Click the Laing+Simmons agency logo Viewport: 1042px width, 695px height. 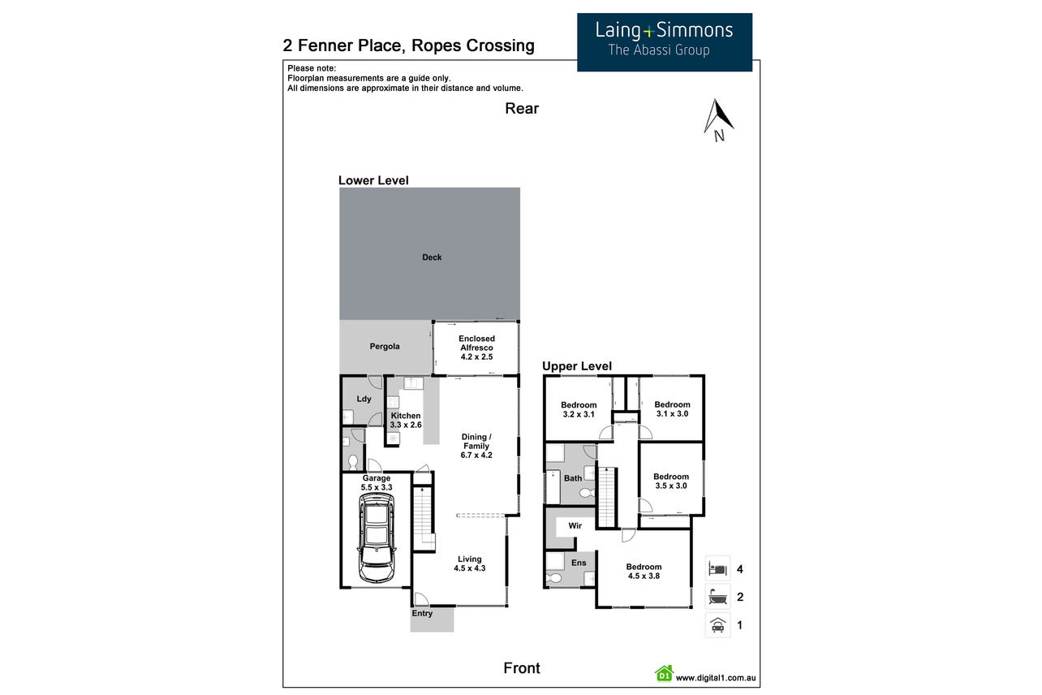(x=665, y=42)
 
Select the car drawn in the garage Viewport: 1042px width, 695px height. (x=377, y=537)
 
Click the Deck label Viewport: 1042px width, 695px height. (x=432, y=257)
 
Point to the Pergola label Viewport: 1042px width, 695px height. (x=385, y=347)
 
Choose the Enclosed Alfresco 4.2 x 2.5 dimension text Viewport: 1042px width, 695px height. (x=476, y=357)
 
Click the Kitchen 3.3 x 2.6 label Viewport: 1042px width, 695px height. (x=406, y=421)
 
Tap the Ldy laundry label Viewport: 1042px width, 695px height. (x=364, y=399)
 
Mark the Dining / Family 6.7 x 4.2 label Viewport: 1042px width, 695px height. (x=476, y=446)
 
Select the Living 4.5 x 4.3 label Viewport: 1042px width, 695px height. (x=470, y=563)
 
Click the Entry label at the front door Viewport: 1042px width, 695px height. (x=422, y=614)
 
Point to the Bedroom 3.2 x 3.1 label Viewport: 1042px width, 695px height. (x=579, y=410)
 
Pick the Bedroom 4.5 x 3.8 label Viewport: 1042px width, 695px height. (x=644, y=571)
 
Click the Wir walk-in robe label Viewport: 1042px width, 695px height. (x=575, y=525)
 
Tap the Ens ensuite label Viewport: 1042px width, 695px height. (x=579, y=563)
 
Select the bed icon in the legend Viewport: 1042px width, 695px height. (x=717, y=569)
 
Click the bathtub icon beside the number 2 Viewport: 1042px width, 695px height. (x=717, y=596)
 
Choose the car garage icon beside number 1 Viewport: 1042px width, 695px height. (x=717, y=624)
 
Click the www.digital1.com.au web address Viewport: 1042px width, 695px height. (x=716, y=678)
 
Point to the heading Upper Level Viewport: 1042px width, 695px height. (x=577, y=366)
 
